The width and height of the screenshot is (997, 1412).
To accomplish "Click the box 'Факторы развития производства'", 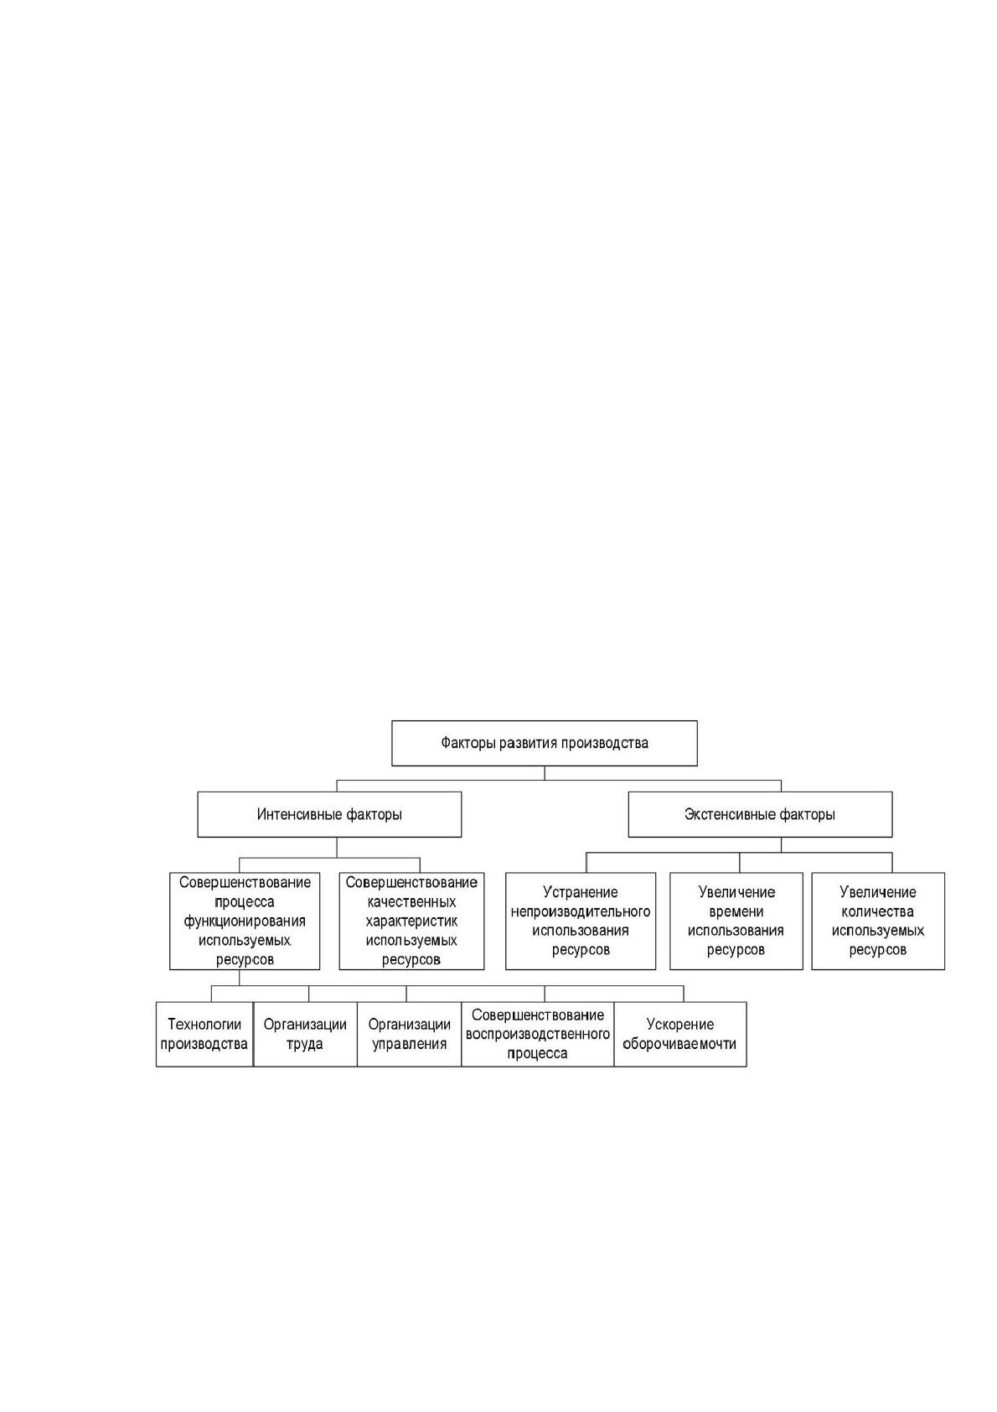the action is pyautogui.click(x=545, y=743).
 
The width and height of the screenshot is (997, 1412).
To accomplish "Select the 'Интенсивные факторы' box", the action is pyautogui.click(x=329, y=814).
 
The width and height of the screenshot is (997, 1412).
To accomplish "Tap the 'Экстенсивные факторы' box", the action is pyautogui.click(x=760, y=814).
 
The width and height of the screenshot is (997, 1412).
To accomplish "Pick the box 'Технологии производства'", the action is pyautogui.click(x=204, y=1035).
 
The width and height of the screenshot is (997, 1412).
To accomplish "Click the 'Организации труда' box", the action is pyautogui.click(x=306, y=1035).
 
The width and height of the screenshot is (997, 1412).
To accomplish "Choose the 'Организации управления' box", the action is pyautogui.click(x=410, y=1035).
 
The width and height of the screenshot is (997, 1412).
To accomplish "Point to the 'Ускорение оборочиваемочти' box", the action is pyautogui.click(x=680, y=1035).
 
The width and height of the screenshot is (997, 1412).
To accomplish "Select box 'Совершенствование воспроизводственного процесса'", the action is pyautogui.click(x=538, y=1035).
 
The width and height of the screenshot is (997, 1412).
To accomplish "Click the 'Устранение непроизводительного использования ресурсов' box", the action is pyautogui.click(x=581, y=921).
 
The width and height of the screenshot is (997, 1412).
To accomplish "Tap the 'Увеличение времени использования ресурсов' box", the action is pyautogui.click(x=736, y=921).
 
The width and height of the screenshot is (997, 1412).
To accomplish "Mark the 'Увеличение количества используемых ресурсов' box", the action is pyautogui.click(x=878, y=921).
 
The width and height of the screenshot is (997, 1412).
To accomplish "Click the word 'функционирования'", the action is pyautogui.click(x=245, y=921).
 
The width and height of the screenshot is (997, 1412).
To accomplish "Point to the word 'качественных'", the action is pyautogui.click(x=412, y=902).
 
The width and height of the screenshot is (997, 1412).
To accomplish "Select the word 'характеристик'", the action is pyautogui.click(x=412, y=921).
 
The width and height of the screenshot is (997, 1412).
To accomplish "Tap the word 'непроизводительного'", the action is pyautogui.click(x=581, y=911).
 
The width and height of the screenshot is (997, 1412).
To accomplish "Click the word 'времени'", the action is pyautogui.click(x=736, y=911).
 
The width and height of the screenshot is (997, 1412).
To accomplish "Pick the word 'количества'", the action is pyautogui.click(x=878, y=911).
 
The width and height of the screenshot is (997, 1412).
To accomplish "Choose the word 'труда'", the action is pyautogui.click(x=306, y=1044).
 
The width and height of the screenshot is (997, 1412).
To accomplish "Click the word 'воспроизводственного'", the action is pyautogui.click(x=538, y=1035).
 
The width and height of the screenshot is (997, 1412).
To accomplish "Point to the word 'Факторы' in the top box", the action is pyautogui.click(x=468, y=743).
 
